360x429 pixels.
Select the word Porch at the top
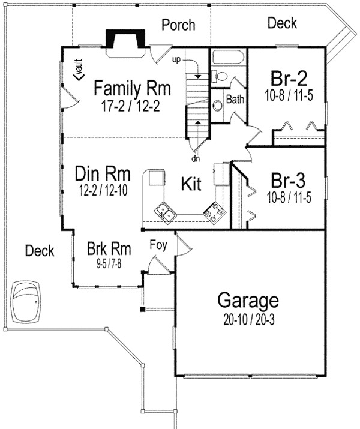(178, 25)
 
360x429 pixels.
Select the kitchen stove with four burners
(214, 211)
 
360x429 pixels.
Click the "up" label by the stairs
(176, 60)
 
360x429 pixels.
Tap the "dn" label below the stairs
(195, 159)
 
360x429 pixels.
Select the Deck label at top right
(282, 23)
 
